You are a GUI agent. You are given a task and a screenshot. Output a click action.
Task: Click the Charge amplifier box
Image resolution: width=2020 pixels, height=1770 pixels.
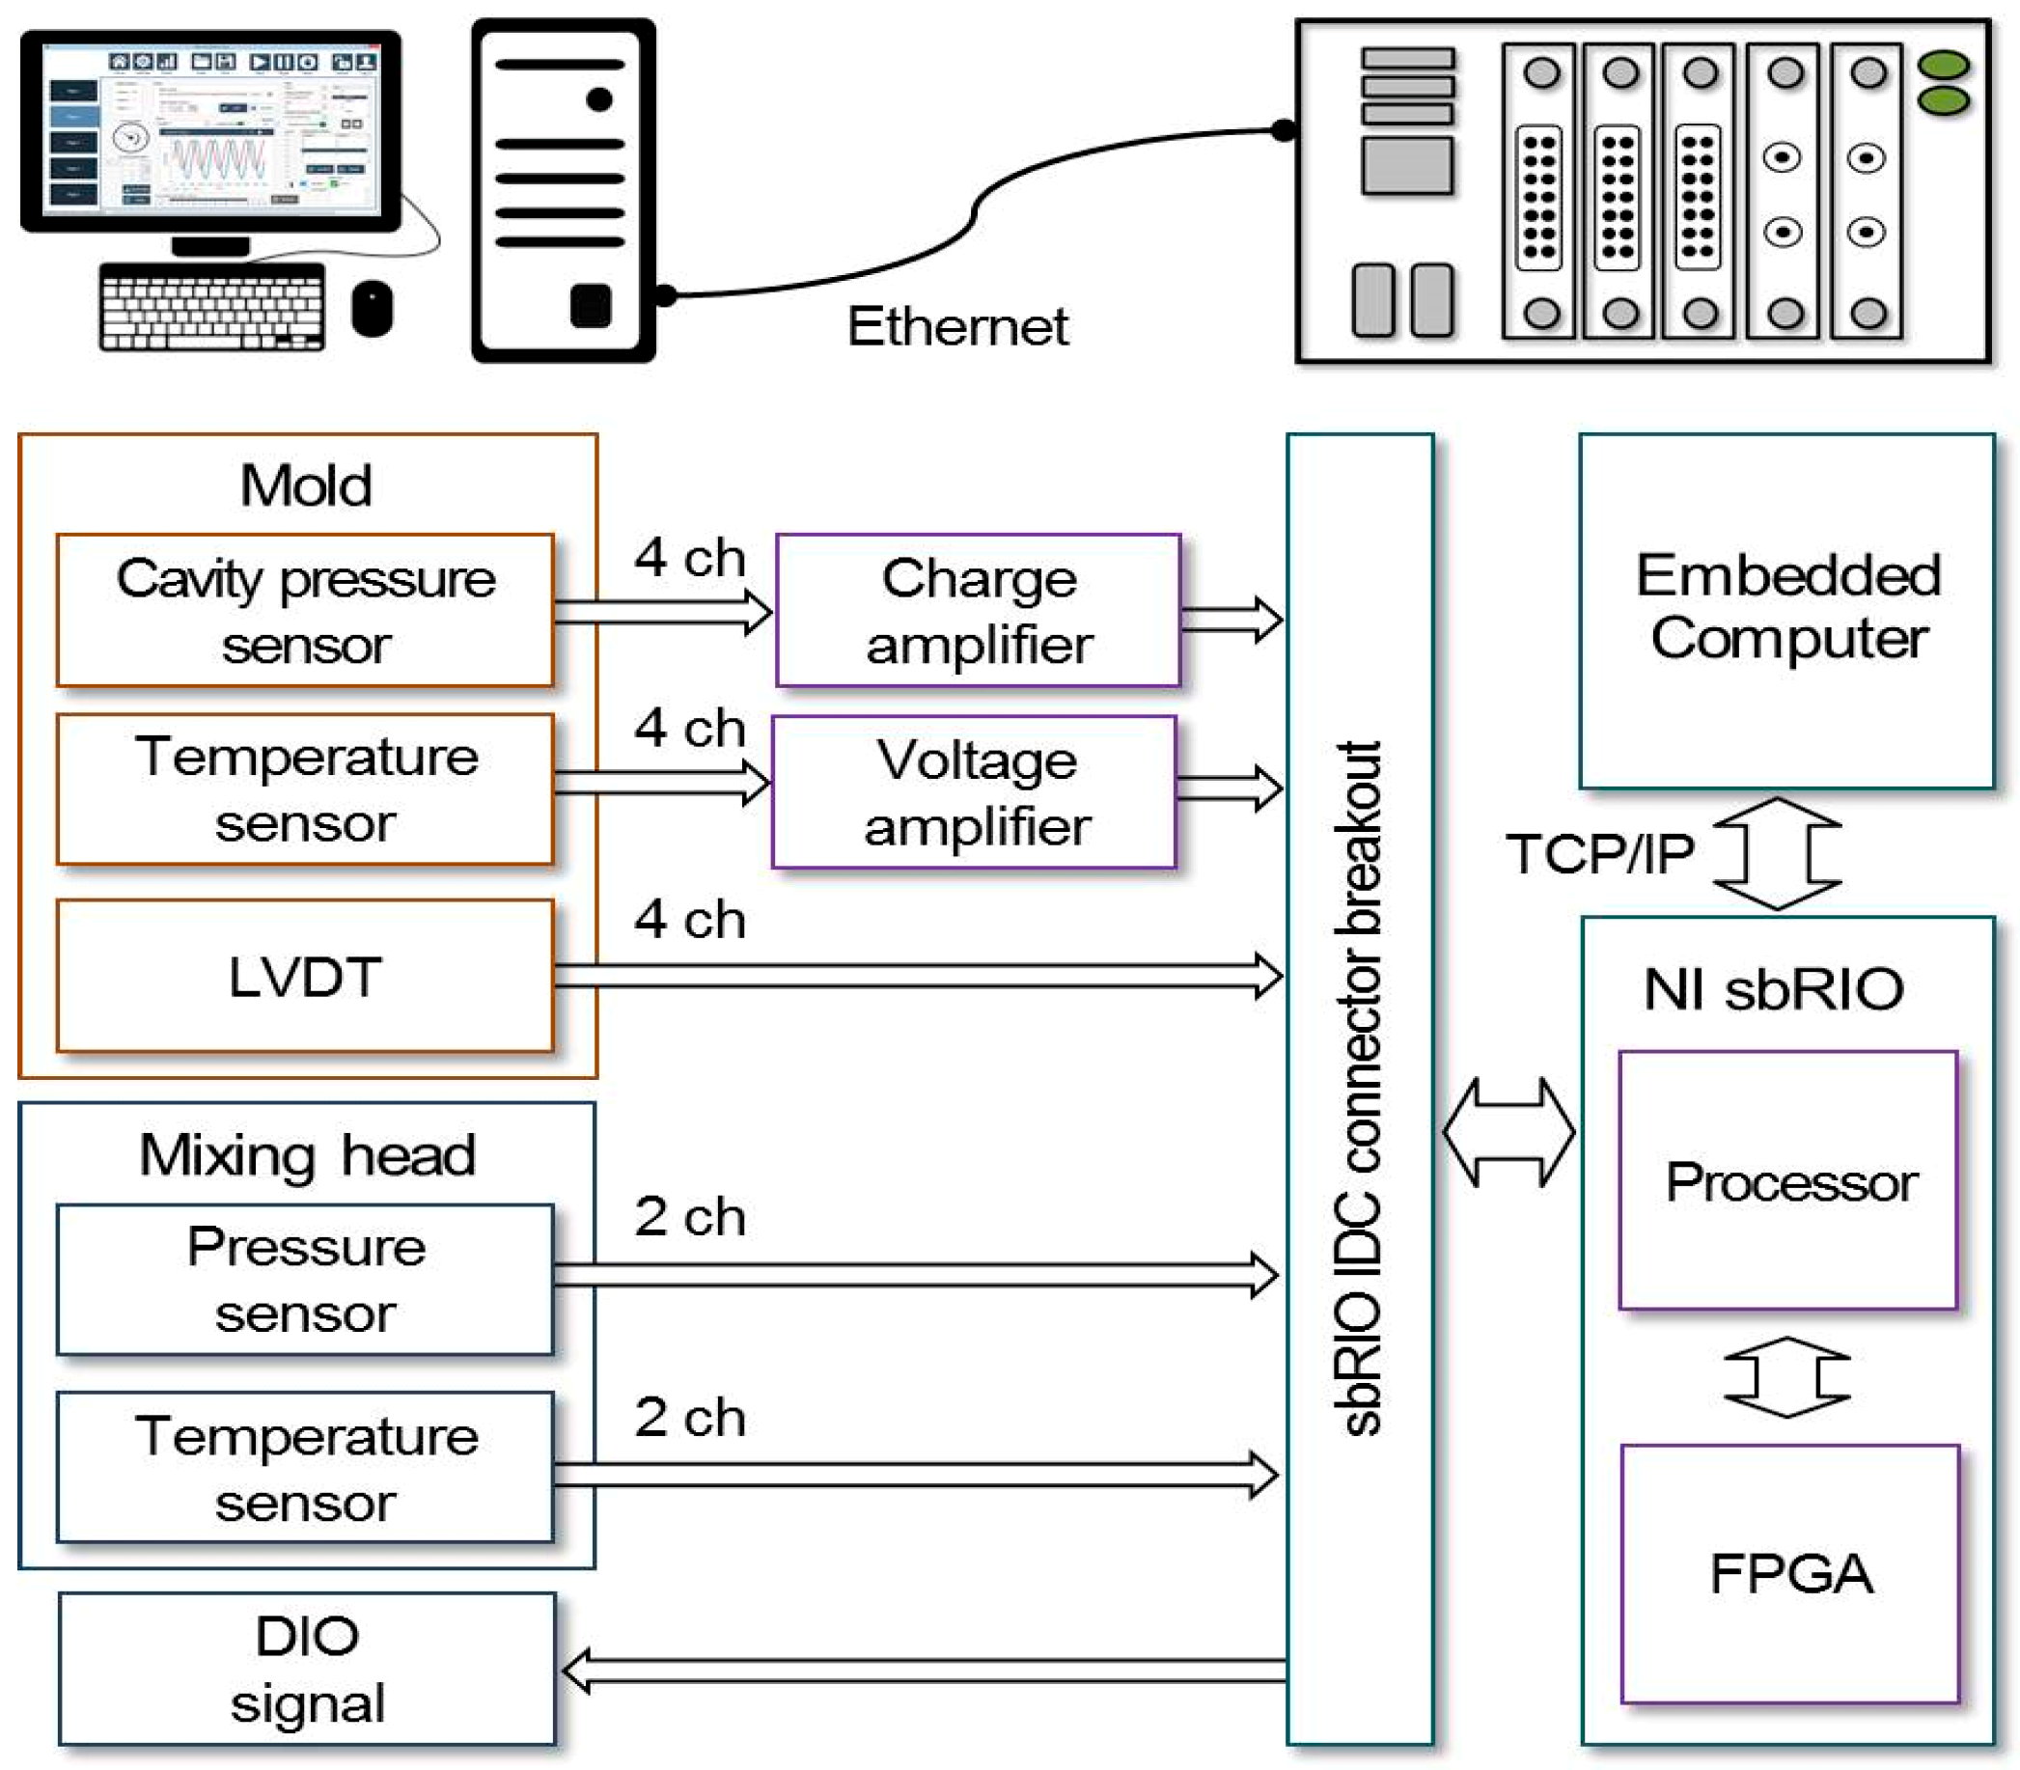coord(978,610)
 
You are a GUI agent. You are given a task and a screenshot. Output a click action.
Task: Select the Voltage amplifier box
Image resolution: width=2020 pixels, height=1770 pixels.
coord(974,792)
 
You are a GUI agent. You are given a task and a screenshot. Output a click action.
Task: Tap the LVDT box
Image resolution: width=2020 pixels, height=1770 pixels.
coord(304,976)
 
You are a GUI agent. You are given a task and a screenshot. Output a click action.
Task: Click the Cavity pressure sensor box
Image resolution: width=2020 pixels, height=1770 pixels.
coord(304,610)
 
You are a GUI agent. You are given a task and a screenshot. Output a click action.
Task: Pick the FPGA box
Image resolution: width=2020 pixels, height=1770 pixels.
coord(1789,1573)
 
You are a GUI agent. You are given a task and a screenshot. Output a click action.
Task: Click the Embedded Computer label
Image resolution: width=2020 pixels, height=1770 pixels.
coord(1787,606)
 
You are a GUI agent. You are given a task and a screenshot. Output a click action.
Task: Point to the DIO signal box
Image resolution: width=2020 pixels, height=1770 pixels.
coord(306,1669)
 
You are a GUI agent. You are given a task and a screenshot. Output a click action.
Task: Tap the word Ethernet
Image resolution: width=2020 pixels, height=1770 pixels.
coord(957,326)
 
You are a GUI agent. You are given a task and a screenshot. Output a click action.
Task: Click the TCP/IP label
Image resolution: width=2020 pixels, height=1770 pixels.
coord(1599,853)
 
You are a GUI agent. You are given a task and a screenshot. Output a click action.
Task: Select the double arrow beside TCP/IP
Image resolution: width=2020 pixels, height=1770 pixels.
coord(1776,853)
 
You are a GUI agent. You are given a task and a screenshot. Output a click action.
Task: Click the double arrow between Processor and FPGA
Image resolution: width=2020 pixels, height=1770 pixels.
coord(1785,1377)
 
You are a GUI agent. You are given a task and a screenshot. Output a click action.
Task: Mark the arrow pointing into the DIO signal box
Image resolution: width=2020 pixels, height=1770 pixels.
coord(924,1671)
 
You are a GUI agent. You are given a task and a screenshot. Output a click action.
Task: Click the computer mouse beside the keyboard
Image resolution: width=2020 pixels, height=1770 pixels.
coord(372,308)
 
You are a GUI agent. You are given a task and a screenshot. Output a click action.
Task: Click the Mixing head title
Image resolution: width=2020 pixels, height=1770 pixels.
coord(306,1154)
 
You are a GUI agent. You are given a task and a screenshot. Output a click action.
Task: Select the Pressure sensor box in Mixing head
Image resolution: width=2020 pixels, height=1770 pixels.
coord(304,1279)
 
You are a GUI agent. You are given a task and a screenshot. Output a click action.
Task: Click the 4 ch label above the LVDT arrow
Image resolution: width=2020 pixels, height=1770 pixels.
coord(688,920)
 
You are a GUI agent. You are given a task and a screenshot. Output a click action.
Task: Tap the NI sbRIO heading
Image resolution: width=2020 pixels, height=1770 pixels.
coord(1773,988)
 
